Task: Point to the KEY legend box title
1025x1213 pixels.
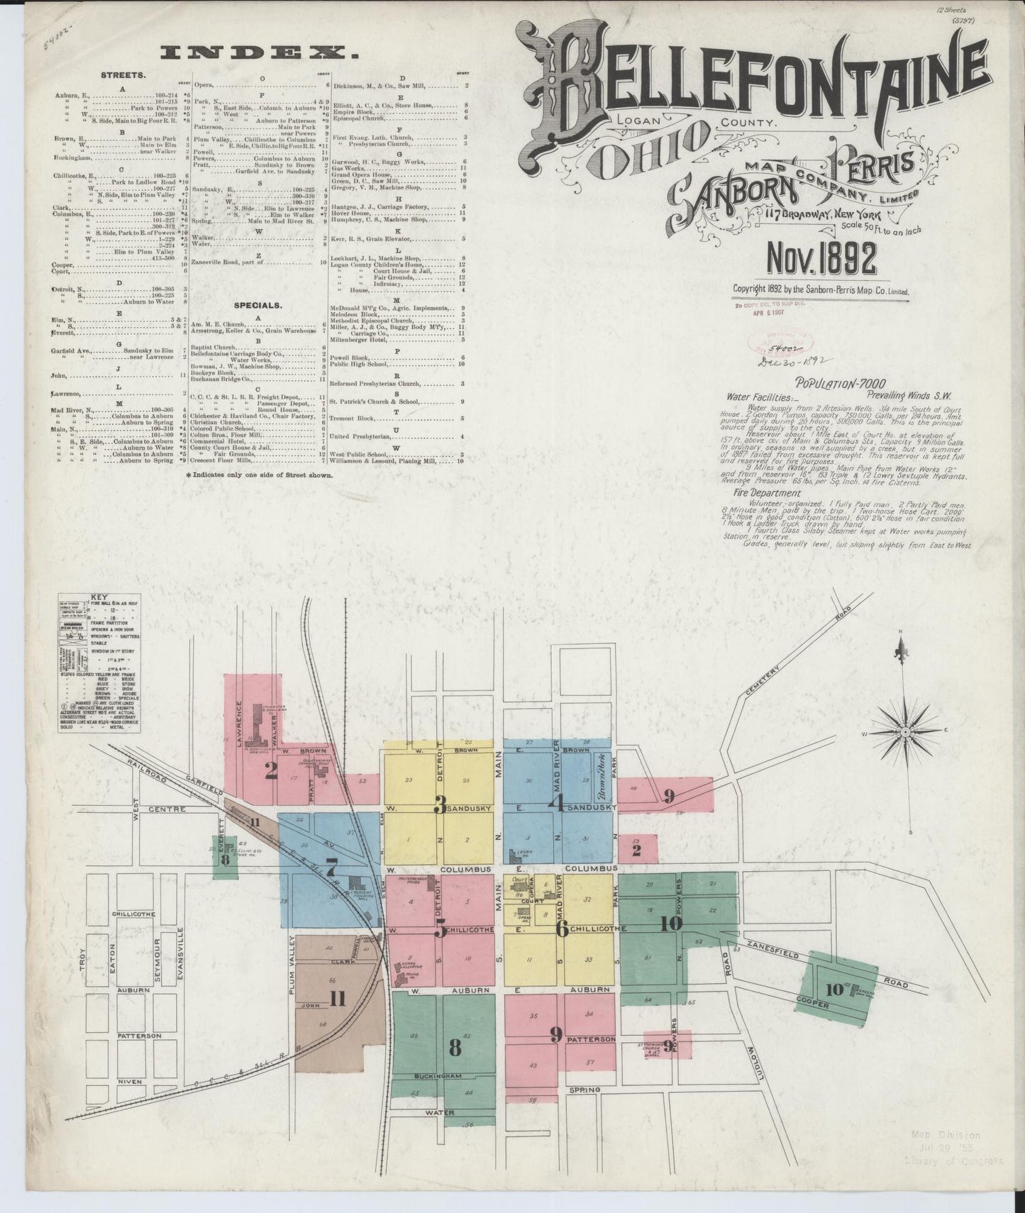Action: [x=99, y=598]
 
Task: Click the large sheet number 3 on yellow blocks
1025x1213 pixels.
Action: [x=441, y=806]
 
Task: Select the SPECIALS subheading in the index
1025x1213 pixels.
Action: [x=262, y=306]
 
